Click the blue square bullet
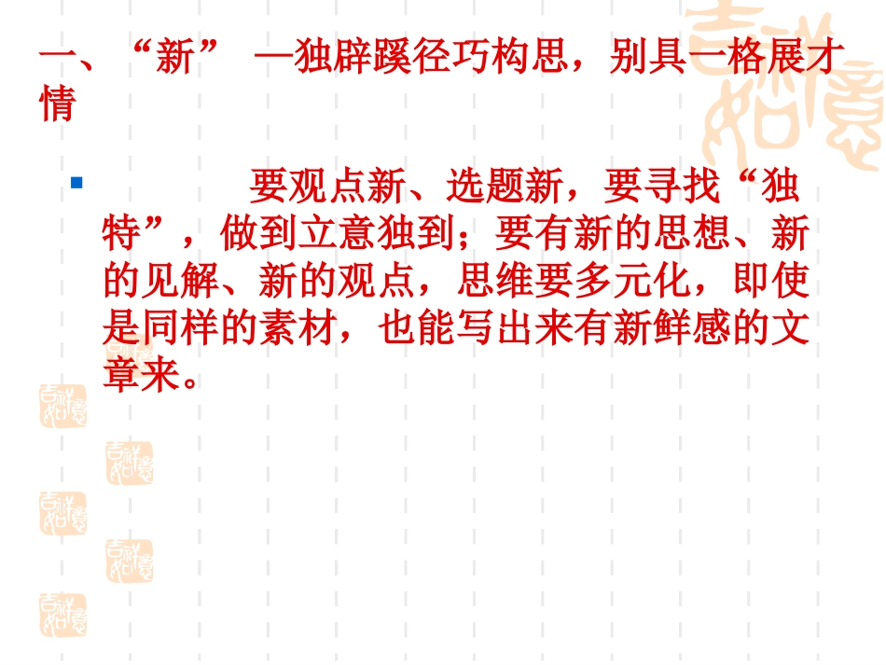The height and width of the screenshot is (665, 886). [77, 183]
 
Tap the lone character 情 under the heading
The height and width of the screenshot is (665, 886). [57, 104]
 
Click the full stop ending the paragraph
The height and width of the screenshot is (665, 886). [192, 381]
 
